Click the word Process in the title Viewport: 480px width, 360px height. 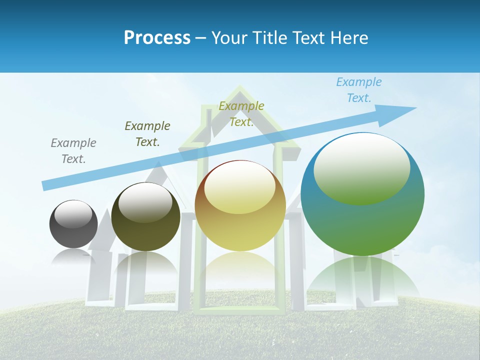(x=157, y=37)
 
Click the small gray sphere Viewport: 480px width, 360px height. (x=73, y=224)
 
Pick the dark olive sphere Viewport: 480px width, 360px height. (x=145, y=216)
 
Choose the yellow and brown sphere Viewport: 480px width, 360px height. (x=240, y=205)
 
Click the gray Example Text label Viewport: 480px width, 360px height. (x=73, y=151)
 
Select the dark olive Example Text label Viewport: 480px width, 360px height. (x=147, y=134)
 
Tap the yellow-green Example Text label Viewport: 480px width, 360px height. (x=241, y=114)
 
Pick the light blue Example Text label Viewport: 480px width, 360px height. (x=359, y=90)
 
